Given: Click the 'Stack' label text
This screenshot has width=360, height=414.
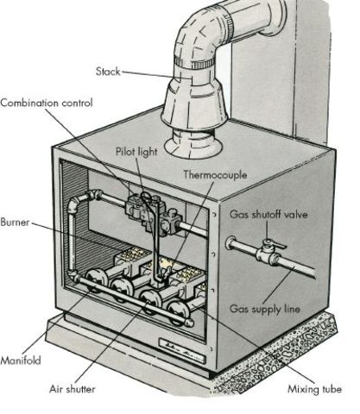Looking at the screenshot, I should (x=107, y=71).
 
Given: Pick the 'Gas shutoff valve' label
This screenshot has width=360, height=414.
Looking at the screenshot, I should (x=268, y=213).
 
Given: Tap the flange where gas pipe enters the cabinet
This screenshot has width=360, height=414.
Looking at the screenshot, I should (x=231, y=243).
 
